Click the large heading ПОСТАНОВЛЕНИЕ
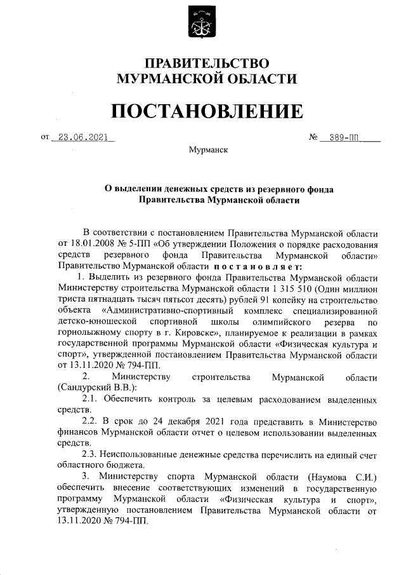tap(207, 112)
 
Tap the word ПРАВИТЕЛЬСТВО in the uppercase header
tap(207, 64)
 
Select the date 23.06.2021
tap(81, 137)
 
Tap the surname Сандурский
tap(89, 388)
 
